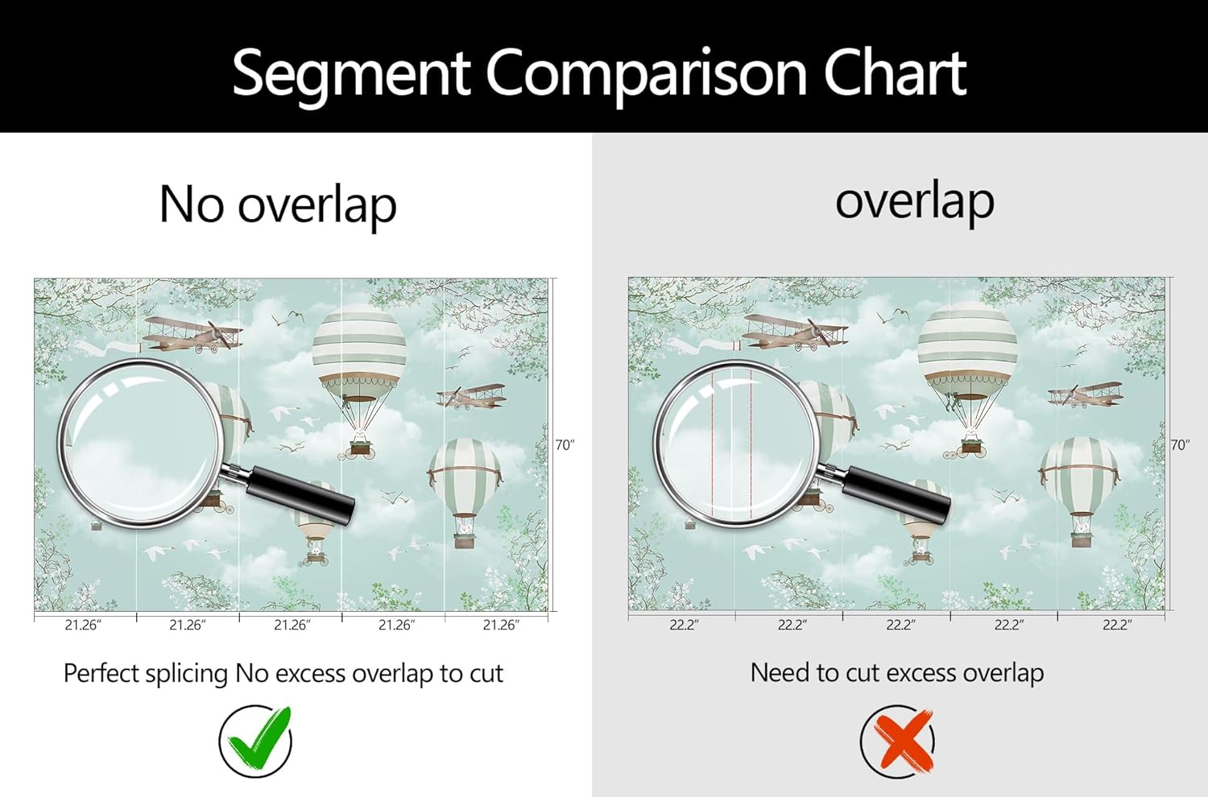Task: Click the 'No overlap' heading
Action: click(x=278, y=204)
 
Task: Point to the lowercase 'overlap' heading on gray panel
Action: click(x=915, y=200)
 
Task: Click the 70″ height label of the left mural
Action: click(x=565, y=445)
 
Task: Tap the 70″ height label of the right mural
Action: click(x=1180, y=445)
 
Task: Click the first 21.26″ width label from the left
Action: click(x=83, y=625)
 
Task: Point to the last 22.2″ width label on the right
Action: click(x=1117, y=625)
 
